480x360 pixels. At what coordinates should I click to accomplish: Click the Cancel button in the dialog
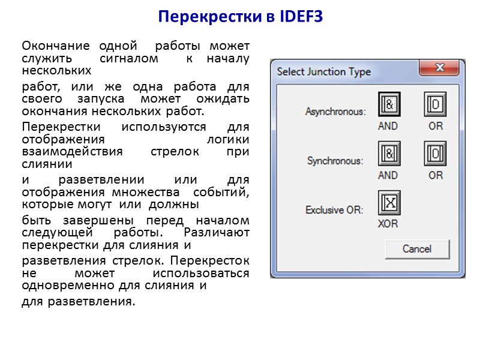click(416, 248)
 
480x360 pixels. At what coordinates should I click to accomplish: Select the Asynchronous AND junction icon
click(388, 104)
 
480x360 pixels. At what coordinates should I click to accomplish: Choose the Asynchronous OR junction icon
click(436, 104)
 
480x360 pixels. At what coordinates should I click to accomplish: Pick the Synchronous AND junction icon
click(388, 154)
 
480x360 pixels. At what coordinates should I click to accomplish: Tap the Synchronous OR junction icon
click(436, 154)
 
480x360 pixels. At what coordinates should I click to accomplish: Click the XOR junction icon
click(388, 203)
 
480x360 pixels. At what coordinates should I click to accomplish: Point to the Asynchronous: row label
click(335, 112)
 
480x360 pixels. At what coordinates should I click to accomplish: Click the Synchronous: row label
click(336, 161)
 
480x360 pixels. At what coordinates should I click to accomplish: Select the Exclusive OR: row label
click(334, 210)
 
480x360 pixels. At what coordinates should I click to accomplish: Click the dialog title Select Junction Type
click(323, 72)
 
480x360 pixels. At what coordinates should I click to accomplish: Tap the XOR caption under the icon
click(388, 224)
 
